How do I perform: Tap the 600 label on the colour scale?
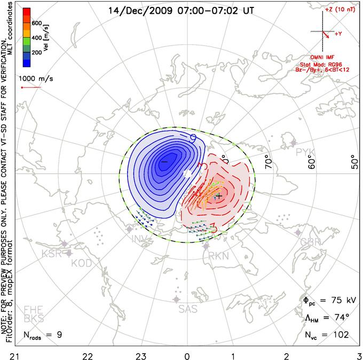[36, 23]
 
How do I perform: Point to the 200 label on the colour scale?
[36, 53]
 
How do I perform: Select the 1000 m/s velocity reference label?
[37, 77]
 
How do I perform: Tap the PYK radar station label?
[306, 152]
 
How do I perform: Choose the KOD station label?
[81, 263]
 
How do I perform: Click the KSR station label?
[52, 253]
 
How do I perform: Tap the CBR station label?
[312, 242]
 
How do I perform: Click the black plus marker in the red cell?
[219, 197]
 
